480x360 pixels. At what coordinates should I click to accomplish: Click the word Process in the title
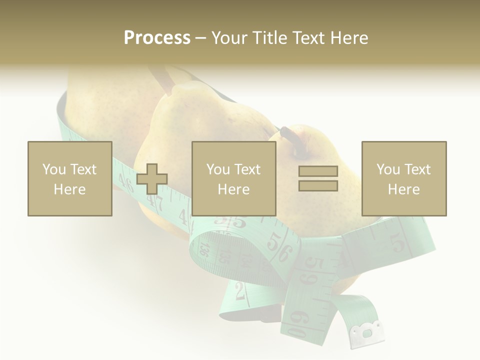(x=157, y=38)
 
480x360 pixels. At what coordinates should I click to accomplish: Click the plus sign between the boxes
(x=152, y=178)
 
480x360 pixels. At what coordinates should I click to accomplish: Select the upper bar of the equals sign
(x=318, y=171)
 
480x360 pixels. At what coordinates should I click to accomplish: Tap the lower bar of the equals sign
(x=318, y=185)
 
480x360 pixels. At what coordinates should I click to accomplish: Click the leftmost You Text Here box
(x=69, y=178)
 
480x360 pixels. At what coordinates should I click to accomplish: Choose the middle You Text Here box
(x=233, y=178)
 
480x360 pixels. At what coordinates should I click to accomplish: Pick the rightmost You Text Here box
(x=403, y=178)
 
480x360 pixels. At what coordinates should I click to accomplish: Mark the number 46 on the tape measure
(x=125, y=183)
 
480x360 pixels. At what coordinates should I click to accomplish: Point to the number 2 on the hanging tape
(x=240, y=290)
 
